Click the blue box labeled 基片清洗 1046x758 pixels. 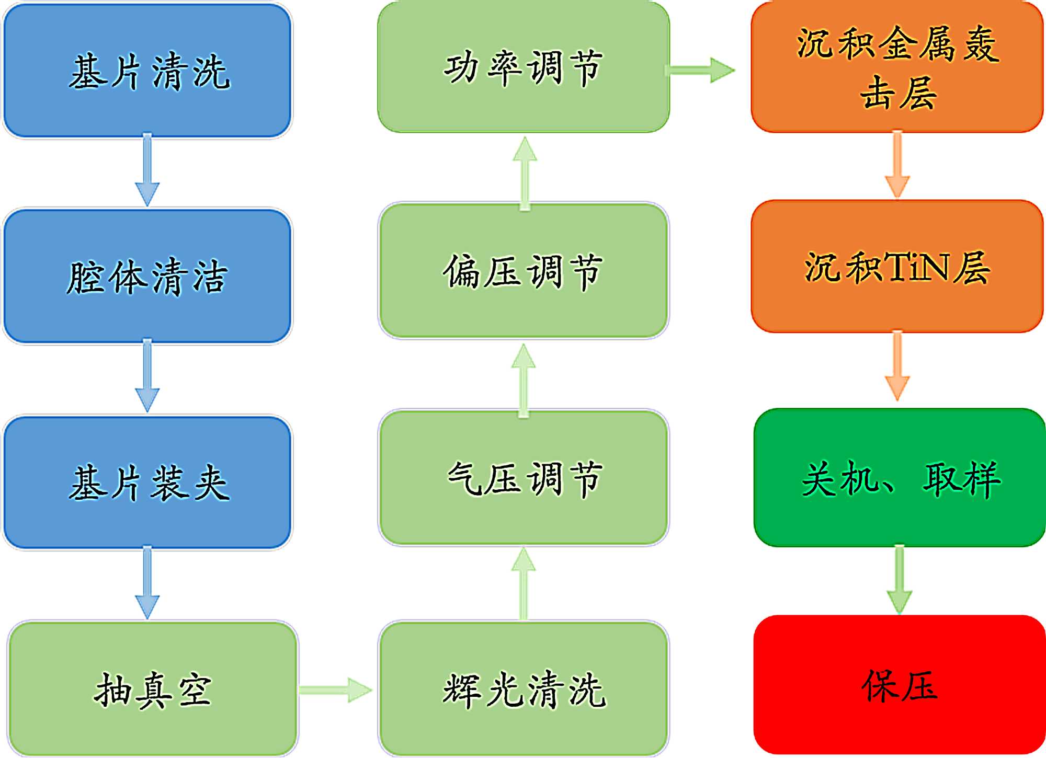[x=147, y=71]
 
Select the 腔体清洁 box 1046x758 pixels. [x=147, y=276]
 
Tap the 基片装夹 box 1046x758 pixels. [x=147, y=482]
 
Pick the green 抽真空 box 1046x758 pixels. [x=153, y=689]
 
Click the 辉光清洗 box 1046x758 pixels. [x=524, y=689]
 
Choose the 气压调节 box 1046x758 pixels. [x=524, y=478]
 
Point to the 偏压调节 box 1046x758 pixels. [x=524, y=271]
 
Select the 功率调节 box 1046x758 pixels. [x=524, y=67]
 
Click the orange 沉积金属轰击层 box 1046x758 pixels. [x=897, y=67]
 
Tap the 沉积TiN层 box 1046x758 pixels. [x=897, y=267]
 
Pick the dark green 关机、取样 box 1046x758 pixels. [x=900, y=478]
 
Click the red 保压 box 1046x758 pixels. [x=900, y=685]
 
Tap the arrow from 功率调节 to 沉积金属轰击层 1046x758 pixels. [x=701, y=70]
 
